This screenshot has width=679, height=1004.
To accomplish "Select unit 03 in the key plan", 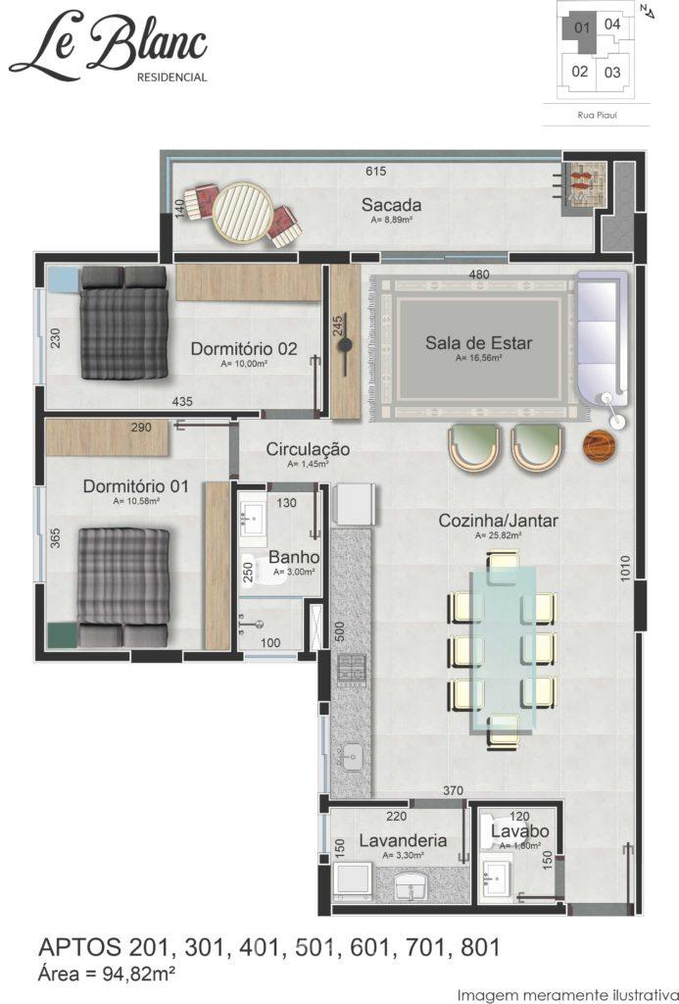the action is click(612, 73).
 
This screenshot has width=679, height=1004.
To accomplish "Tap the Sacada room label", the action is click(391, 205).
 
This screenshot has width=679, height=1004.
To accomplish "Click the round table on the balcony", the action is click(238, 213).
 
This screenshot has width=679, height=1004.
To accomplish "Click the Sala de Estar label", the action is click(479, 342).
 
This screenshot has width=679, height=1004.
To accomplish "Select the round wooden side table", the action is click(601, 445).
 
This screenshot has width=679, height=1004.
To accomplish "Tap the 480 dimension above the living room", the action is click(479, 275).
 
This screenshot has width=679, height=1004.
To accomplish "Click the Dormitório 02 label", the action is click(244, 349).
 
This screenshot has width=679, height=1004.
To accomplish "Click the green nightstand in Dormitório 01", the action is click(63, 635).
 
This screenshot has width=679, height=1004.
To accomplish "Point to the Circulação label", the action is click(308, 449).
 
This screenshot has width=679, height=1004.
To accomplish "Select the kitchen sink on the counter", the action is click(352, 758).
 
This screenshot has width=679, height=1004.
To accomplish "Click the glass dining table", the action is click(503, 649).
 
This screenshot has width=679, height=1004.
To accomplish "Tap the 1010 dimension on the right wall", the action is click(625, 569).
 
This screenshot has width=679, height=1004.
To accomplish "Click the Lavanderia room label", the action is click(403, 840).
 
